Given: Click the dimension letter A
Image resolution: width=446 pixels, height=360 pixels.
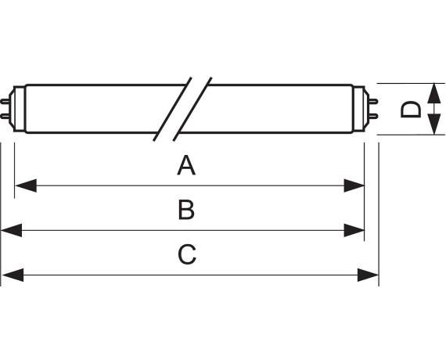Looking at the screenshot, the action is tap(186, 165).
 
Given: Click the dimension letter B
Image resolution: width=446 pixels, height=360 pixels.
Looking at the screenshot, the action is tap(186, 210).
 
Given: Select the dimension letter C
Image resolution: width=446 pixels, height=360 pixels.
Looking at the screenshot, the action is tap(187, 254).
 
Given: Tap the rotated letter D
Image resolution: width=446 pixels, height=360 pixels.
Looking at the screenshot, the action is tap(411, 109).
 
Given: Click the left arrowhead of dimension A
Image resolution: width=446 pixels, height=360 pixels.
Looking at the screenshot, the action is tap(26, 185).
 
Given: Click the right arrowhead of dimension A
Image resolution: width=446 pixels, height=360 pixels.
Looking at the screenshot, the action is tap(354, 185).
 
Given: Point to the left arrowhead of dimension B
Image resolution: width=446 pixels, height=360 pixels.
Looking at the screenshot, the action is tap(12, 230).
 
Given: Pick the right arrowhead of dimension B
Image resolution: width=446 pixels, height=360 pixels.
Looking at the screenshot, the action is tap(354, 230).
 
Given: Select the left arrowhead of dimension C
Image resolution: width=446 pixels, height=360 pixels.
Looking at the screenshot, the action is tap(13, 275).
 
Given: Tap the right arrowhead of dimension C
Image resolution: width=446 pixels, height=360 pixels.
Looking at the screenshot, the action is tap(368, 275).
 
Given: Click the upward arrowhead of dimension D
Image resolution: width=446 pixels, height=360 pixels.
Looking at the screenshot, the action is tap(434, 93).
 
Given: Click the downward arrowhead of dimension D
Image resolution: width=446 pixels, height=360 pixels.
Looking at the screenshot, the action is tap(434, 124).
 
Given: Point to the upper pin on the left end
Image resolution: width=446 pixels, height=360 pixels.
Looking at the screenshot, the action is tap(5, 101).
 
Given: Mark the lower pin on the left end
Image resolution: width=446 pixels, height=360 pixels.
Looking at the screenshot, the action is tap(5, 116).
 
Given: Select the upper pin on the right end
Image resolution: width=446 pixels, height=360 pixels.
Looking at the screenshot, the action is tap(373, 101).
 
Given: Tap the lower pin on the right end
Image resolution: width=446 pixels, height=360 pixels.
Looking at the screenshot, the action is tap(373, 116).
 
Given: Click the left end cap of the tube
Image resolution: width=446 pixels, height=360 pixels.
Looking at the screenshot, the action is tap(17, 109).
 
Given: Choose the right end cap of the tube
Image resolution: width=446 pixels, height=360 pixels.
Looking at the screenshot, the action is tap(361, 109).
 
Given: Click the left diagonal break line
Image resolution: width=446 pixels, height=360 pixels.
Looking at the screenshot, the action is tap(172, 109).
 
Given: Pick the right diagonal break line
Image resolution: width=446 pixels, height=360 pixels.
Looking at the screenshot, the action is tap(192, 109).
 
